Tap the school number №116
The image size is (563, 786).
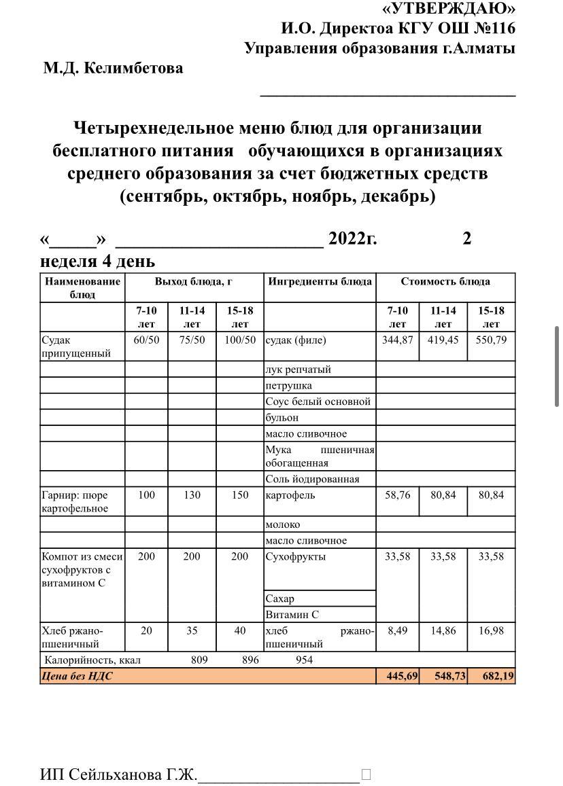point(491,29)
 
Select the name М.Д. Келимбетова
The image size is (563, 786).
point(113,69)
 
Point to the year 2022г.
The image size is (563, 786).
point(352,238)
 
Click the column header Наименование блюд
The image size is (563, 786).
point(82,287)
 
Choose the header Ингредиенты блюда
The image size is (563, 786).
point(320,281)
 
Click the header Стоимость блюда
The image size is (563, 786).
point(445,281)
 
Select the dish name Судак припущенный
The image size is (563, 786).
point(75,346)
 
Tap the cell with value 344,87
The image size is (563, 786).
point(397,340)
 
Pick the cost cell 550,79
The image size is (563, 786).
point(491,340)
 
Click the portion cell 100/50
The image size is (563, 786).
point(240,340)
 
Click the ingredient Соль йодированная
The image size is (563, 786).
point(312,479)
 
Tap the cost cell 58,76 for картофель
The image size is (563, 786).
point(397,495)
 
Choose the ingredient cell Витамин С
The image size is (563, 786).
point(292,615)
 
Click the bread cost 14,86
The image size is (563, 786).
point(443,630)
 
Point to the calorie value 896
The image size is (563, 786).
point(250,660)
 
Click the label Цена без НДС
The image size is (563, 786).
point(77,676)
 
